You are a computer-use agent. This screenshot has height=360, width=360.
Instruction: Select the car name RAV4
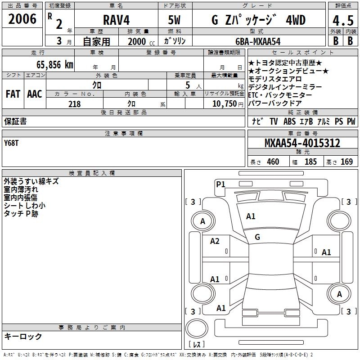(x=116, y=20)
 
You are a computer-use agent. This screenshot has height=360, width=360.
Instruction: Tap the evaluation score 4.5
(x=342, y=20)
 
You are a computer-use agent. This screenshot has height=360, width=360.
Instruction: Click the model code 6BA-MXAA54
(x=258, y=41)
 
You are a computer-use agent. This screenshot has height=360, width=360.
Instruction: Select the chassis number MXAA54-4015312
(x=302, y=143)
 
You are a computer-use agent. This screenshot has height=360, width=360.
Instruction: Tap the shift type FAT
(x=13, y=94)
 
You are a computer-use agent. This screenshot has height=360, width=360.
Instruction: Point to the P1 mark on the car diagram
(x=220, y=184)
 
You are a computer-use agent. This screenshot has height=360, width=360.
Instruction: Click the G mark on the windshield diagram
(x=257, y=237)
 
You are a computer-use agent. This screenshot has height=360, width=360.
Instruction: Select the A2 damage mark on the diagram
(x=215, y=241)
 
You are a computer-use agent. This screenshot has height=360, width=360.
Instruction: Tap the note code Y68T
(x=12, y=143)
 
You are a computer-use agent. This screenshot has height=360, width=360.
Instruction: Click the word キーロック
(x=23, y=336)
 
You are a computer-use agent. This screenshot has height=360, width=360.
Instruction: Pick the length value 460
(x=273, y=162)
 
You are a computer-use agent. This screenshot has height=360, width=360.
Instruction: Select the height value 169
(x=347, y=162)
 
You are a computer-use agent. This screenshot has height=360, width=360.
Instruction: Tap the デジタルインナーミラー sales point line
(x=285, y=87)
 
